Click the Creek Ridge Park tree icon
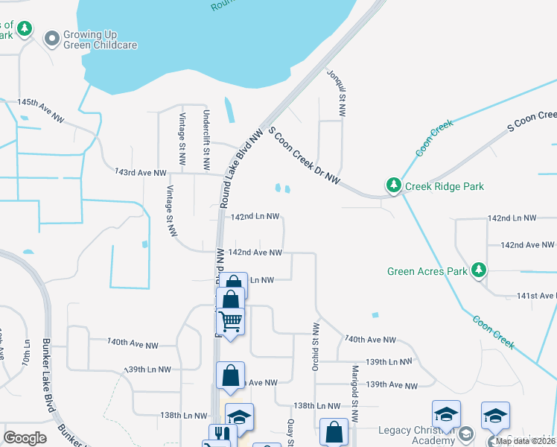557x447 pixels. (392, 185)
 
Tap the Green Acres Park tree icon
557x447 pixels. (480, 270)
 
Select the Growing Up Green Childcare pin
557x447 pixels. (52, 39)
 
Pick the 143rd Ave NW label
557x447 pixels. (141, 173)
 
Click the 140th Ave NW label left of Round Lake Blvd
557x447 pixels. (133, 343)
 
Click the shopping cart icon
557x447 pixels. (231, 322)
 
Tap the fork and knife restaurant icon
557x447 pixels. (219, 431)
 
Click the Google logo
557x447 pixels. (25, 437)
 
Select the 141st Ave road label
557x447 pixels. (536, 296)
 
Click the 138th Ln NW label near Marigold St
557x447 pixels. (316, 406)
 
